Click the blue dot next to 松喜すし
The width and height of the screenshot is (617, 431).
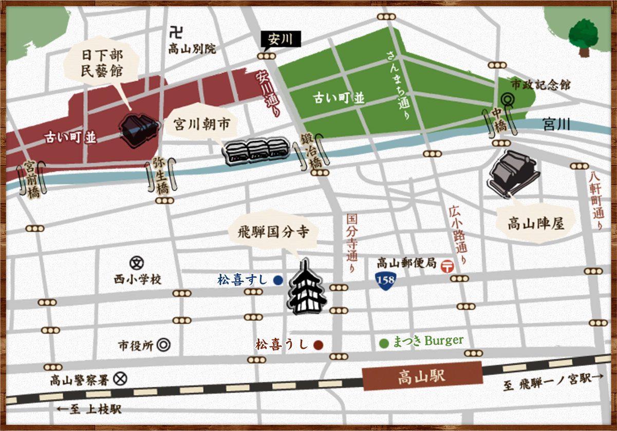[x=278, y=280]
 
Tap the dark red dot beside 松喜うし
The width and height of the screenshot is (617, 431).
[x=319, y=345]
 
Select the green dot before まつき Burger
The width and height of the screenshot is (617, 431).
[x=383, y=343]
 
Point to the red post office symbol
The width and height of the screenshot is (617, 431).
[x=447, y=266]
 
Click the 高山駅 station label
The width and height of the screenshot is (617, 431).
[x=422, y=378]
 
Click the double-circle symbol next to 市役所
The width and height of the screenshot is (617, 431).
[x=164, y=345]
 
